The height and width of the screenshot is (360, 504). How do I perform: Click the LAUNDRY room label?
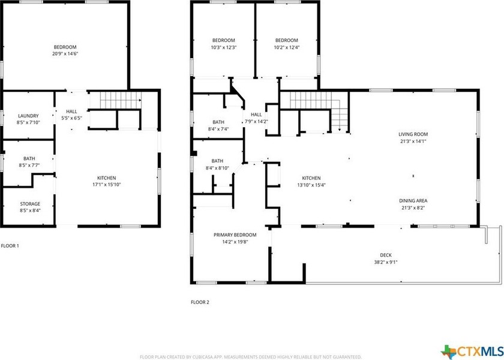pos(28,116)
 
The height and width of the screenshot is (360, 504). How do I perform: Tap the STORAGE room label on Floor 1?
pos(30,204)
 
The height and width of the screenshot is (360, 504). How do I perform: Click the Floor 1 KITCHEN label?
pos(107,178)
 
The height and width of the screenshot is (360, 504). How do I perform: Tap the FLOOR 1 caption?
pos(10,246)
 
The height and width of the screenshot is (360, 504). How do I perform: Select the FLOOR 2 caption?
pos(200,302)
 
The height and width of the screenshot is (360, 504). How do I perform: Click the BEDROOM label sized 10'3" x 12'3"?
pos(223,40)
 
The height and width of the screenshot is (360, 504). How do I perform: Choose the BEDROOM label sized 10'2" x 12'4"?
pos(286,40)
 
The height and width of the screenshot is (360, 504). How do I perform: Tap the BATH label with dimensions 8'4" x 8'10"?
pos(217,161)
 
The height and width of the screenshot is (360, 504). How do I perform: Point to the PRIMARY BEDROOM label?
pos(235,235)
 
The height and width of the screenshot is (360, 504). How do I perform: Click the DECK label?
pos(385,255)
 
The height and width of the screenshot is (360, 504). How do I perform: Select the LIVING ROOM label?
pos(413,134)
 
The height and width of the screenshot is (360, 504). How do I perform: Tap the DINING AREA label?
pos(413,201)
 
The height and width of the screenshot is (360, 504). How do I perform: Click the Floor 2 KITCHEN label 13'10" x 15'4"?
pos(311,178)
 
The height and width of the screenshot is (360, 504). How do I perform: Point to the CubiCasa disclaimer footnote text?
pos(251,356)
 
